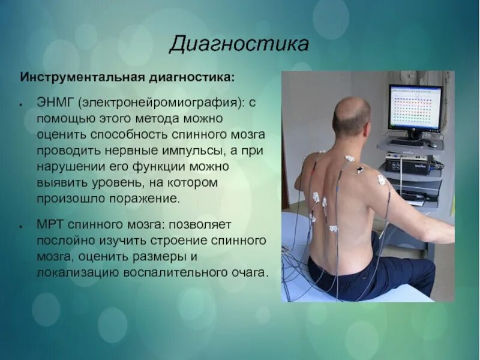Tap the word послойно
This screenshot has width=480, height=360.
tap(65, 241)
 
